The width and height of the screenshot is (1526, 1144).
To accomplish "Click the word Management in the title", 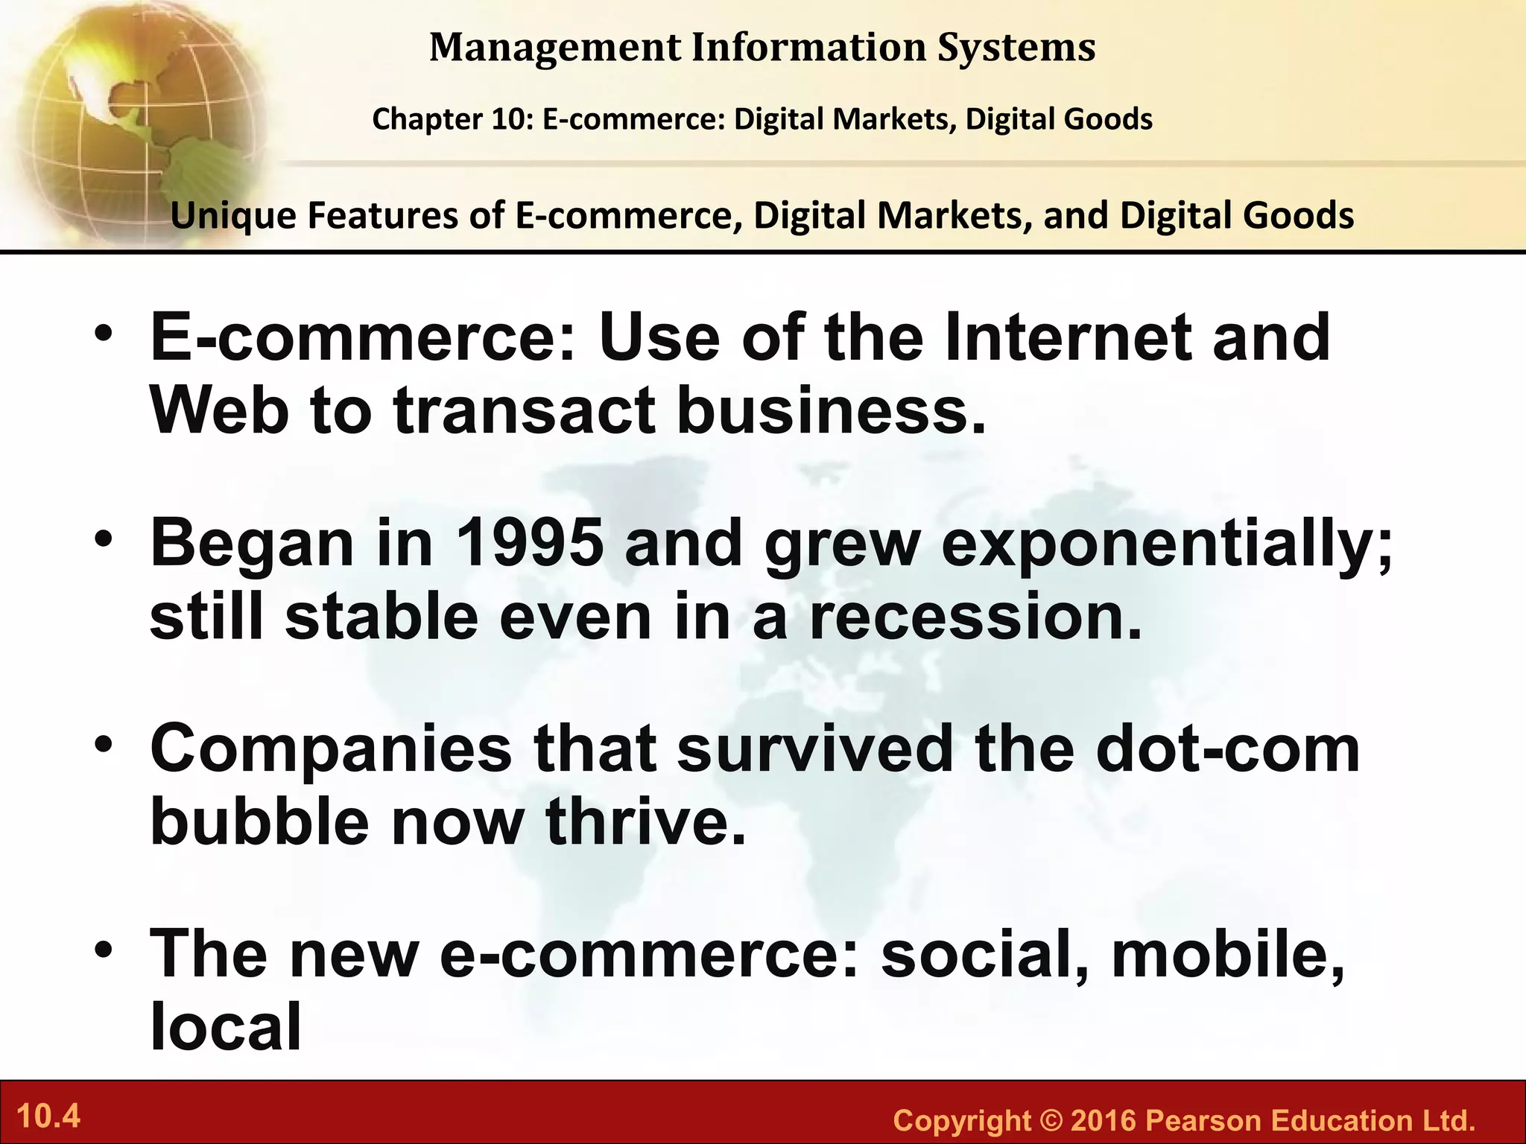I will tap(554, 48).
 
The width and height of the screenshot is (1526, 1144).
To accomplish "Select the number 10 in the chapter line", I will tap(509, 119).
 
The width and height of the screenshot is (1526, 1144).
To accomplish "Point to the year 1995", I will tap(529, 543).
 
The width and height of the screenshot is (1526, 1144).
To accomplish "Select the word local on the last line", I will tap(226, 1026).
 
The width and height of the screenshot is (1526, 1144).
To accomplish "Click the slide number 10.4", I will tap(48, 1117).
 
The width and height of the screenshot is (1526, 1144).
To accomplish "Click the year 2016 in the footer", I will tap(1103, 1120).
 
